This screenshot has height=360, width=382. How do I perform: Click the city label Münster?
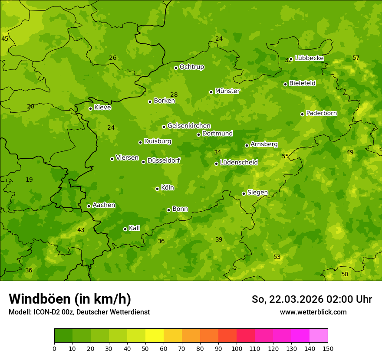coord(227,91)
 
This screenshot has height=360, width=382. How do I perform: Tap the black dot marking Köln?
coord(157,189)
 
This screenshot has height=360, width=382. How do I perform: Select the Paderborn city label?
coord(321,113)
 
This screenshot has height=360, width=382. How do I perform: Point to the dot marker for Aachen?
coord(89,206)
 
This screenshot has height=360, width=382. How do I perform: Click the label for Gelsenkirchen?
coord(189,126)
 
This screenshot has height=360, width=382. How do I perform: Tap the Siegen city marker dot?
coord(244,193)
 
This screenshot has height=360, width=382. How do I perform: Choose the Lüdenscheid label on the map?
coord(239,163)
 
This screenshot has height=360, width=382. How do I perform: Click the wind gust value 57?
coord(356,58)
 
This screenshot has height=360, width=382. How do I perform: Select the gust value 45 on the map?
coord(5,39)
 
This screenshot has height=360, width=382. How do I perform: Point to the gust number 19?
coord(29,180)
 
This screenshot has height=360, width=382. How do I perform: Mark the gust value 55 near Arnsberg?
coord(285,156)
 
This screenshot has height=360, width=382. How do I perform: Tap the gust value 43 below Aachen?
coord(81,230)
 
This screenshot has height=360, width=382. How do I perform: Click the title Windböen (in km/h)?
coord(70,299)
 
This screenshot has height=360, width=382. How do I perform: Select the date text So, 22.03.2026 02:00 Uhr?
coord(312,299)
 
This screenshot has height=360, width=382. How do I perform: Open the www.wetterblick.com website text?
coord(313,312)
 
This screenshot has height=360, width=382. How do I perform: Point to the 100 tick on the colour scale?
coord(237,348)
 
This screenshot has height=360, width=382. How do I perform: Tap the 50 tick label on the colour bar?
coord(145,348)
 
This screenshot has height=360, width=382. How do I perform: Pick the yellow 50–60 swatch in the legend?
coord(155,336)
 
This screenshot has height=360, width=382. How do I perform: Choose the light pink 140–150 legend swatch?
coord(319,336)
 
